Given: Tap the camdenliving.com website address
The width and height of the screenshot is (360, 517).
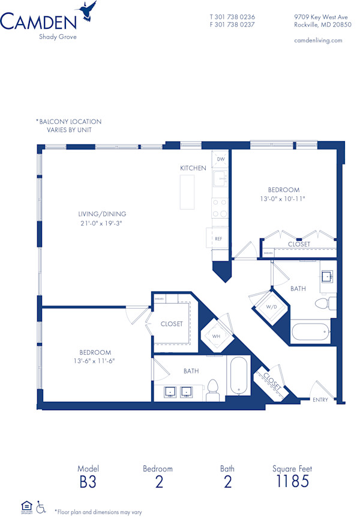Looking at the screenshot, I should [318, 40].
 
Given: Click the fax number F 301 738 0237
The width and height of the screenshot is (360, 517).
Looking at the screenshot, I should [232, 25].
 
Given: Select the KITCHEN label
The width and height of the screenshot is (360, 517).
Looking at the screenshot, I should [193, 168].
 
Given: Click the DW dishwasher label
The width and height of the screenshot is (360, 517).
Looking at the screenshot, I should [221, 159].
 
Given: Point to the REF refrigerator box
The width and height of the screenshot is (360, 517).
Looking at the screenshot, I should [218, 238].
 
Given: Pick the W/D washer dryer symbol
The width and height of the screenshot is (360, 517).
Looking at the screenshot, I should [271, 307].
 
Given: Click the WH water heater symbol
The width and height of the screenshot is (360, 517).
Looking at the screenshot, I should [216, 336].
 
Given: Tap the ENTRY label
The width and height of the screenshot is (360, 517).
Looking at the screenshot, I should [320, 400].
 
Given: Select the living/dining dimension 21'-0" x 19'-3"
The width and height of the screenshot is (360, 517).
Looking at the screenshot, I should [102, 223].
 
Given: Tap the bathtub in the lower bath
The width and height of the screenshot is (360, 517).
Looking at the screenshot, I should [239, 377].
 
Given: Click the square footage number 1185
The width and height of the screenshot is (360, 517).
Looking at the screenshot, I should [292, 481].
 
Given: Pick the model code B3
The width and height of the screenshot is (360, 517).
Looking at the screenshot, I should [88, 481].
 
